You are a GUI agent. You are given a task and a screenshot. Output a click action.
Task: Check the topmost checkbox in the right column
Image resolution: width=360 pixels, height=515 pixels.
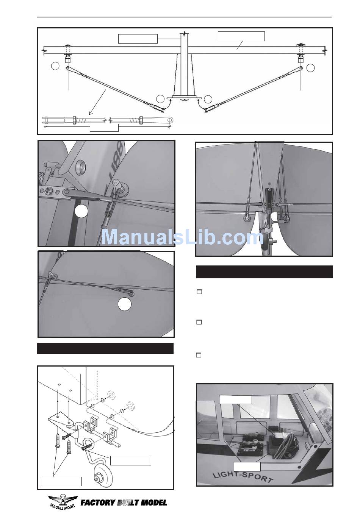click(199, 292)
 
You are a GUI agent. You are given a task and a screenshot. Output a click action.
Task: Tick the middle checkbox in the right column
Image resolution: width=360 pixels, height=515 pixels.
click(199, 322)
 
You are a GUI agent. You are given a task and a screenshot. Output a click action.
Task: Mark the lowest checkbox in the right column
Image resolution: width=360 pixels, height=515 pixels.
click(199, 355)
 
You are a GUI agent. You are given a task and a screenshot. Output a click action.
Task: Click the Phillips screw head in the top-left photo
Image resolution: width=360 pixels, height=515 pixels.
click(49, 190)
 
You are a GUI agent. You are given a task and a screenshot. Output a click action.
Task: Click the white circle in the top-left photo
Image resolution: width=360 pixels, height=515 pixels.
click(81, 211)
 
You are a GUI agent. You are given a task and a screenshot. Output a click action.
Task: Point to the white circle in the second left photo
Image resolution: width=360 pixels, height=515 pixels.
click(124, 304)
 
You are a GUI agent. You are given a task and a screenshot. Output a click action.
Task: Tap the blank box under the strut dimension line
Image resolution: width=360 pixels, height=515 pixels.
click(104, 128)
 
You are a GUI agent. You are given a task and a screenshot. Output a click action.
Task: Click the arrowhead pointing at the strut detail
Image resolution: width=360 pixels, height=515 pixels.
click(91, 112)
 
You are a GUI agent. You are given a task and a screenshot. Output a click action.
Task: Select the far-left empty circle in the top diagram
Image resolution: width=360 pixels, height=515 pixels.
click(55, 66)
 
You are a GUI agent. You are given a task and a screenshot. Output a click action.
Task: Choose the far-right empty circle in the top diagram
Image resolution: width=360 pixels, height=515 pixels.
click(310, 67)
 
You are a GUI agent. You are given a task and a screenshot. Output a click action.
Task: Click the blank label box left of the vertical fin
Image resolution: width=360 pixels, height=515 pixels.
click(138, 39)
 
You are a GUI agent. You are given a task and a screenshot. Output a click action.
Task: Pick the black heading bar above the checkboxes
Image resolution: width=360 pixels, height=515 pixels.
click(264, 272)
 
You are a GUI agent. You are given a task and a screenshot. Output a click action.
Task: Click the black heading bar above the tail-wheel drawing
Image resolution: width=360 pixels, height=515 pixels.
click(105, 348)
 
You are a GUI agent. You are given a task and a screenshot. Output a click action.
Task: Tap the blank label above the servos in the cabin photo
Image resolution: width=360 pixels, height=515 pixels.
click(236, 400)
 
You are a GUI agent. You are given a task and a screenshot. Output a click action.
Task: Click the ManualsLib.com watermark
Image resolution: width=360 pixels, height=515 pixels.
click(182, 237)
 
